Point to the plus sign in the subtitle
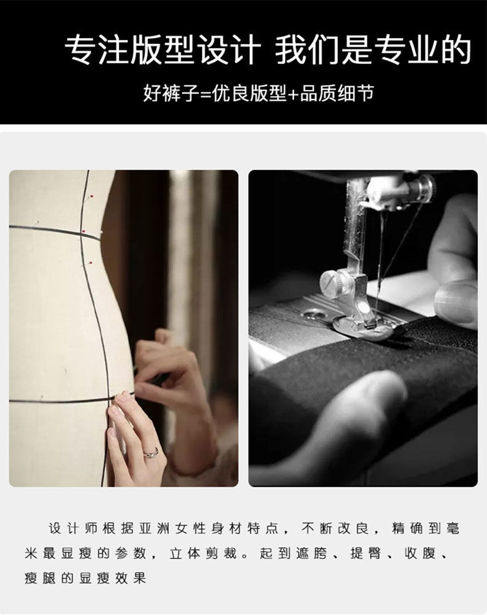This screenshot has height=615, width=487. (x=293, y=94)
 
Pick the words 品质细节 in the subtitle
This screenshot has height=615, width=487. (x=337, y=94)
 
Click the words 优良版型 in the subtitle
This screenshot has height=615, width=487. (x=250, y=94)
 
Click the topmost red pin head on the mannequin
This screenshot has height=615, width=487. (x=91, y=195)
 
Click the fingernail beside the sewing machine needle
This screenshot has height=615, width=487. (x=456, y=299)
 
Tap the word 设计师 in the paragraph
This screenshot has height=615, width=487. (x=73, y=528)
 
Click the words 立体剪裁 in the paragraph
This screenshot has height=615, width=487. (x=203, y=553)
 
